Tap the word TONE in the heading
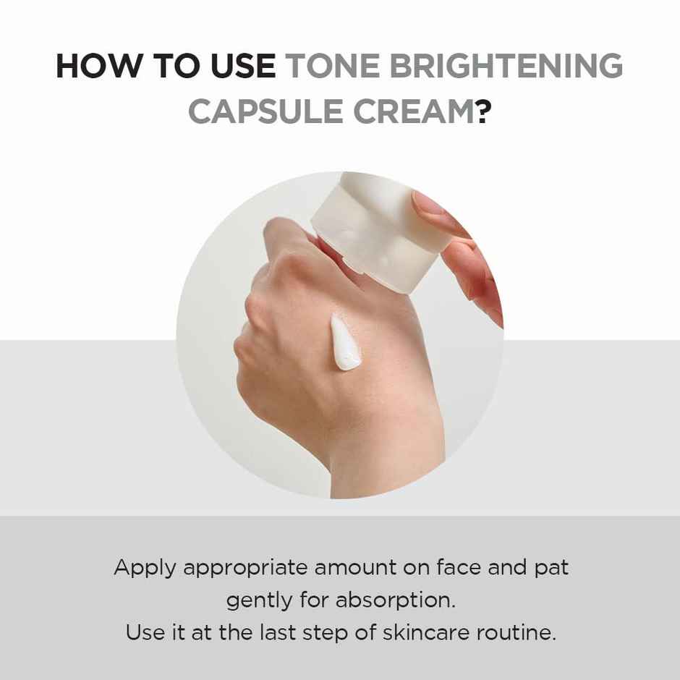(x=330, y=67)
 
